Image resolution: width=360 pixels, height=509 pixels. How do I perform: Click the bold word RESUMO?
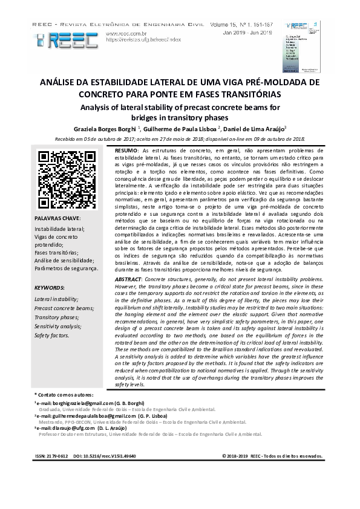tap(126, 150)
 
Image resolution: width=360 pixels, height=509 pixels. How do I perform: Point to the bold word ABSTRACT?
tap(128, 281)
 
